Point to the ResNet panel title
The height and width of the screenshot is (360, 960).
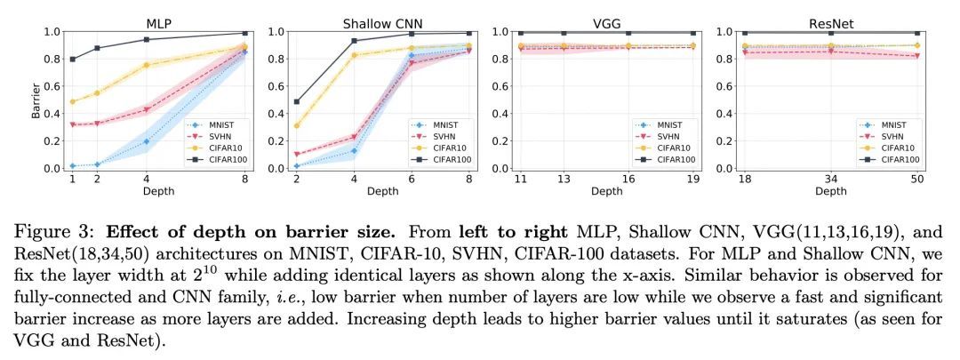click(x=830, y=21)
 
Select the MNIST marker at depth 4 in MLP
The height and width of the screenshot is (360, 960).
click(x=146, y=141)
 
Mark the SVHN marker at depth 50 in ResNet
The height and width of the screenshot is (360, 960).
click(x=916, y=56)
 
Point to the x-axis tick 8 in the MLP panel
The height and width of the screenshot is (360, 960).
click(x=244, y=180)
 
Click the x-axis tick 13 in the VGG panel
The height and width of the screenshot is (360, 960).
click(x=564, y=180)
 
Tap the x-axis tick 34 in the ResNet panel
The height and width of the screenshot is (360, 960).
click(x=829, y=180)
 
